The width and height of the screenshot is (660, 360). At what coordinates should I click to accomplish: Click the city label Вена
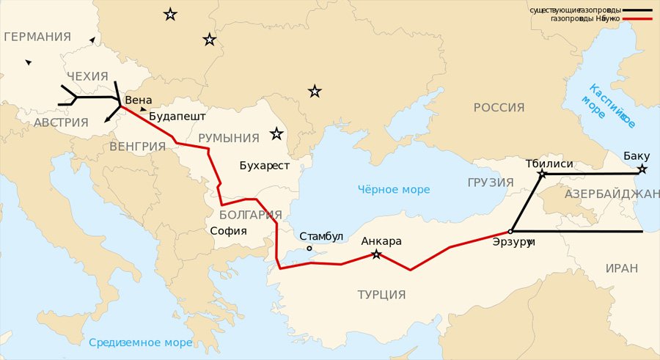click(x=139, y=100)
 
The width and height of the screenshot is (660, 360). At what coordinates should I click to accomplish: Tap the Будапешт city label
click(x=177, y=116)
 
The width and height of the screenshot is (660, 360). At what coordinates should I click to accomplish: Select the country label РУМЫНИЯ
click(x=229, y=138)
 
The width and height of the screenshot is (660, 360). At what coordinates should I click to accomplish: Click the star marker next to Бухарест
click(x=276, y=134)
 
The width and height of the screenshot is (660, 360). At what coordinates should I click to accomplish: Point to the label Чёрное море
click(x=394, y=189)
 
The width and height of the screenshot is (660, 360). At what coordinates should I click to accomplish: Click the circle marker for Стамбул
click(x=309, y=248)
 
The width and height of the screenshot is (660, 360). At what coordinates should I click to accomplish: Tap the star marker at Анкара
click(x=376, y=254)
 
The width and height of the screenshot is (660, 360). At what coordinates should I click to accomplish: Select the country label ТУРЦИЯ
click(x=381, y=295)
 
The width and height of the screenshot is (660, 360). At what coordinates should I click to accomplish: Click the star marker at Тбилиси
click(x=542, y=175)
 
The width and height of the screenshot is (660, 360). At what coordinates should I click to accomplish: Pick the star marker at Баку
click(x=642, y=169)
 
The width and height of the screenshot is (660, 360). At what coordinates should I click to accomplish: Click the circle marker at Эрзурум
click(x=510, y=231)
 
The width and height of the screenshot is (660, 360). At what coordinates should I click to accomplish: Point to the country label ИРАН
click(x=622, y=268)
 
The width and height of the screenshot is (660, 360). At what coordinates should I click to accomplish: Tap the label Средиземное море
click(x=140, y=342)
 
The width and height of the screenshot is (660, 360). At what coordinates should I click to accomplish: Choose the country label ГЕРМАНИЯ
click(x=37, y=37)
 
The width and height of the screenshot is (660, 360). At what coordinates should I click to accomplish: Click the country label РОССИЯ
click(x=499, y=108)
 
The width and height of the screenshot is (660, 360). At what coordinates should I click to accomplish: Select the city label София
click(x=228, y=231)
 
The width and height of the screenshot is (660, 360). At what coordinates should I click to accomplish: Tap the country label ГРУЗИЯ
click(x=490, y=182)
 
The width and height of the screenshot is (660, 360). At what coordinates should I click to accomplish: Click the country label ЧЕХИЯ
click(x=87, y=76)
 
